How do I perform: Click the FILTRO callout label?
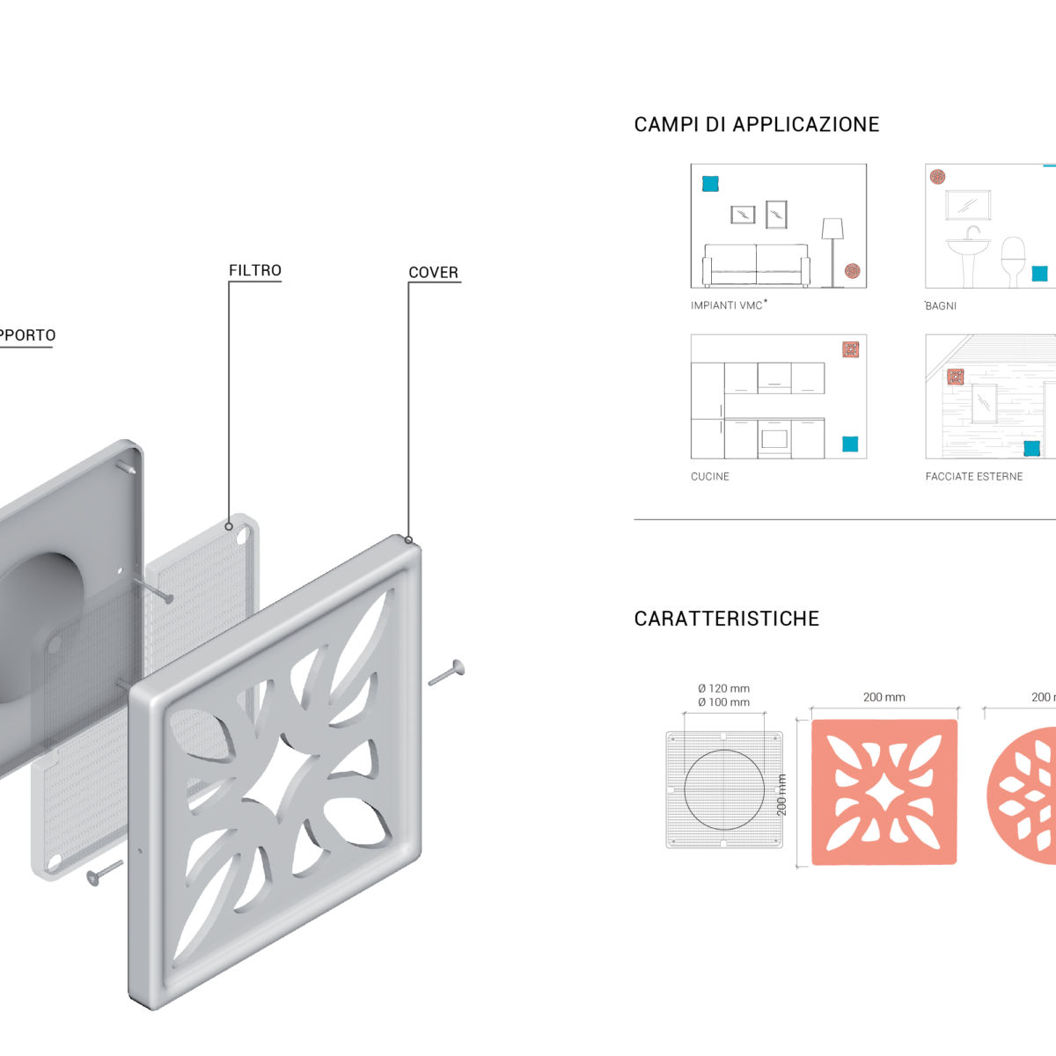click(x=255, y=270)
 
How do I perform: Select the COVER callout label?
click(x=433, y=273)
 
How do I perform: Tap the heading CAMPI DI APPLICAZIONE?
click(x=756, y=124)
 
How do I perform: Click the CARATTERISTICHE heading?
click(x=726, y=619)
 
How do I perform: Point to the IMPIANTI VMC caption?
click(x=728, y=305)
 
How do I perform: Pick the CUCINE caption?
click(x=709, y=476)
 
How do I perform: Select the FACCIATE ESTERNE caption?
click(x=973, y=476)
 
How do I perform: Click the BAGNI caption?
click(x=941, y=305)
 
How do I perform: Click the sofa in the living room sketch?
click(x=756, y=263)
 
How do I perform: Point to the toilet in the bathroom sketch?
click(x=1014, y=259)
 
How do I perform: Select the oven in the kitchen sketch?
click(x=773, y=438)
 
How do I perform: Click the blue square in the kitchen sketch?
click(x=850, y=444)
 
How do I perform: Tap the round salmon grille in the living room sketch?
click(x=852, y=271)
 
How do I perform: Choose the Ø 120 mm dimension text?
click(x=723, y=688)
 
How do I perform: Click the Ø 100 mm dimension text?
click(x=723, y=702)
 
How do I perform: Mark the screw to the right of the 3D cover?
click(x=448, y=673)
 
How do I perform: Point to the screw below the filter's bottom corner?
click(x=103, y=871)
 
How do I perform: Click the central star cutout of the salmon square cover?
click(x=883, y=792)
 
